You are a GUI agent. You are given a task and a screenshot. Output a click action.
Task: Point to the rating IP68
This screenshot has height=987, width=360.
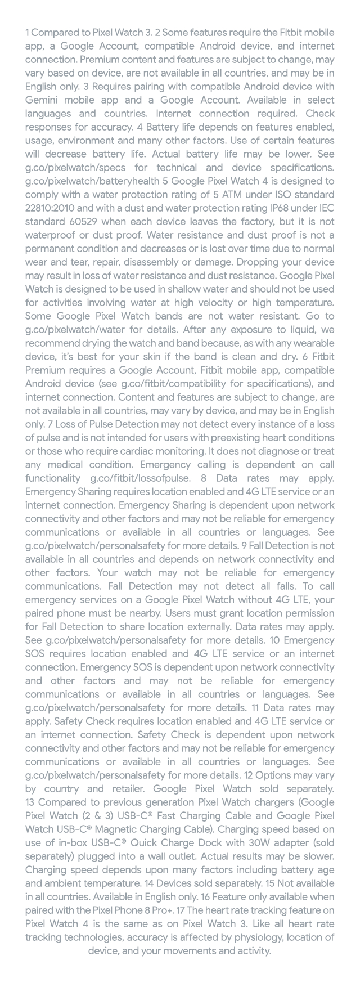coord(267,208)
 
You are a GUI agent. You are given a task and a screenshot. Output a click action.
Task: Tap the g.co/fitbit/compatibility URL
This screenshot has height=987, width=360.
coord(178,384)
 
